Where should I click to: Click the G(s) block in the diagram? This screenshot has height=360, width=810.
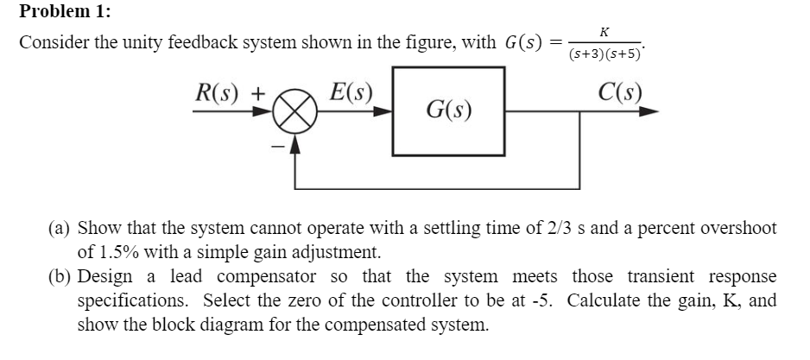click(448, 111)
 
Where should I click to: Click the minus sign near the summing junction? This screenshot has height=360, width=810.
click(277, 147)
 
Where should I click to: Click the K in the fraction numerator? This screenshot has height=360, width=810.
click(604, 31)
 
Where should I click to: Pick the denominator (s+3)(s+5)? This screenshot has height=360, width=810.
click(604, 54)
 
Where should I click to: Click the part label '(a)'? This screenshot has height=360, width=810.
click(60, 229)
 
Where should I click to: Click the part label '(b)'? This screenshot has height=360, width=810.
click(60, 277)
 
